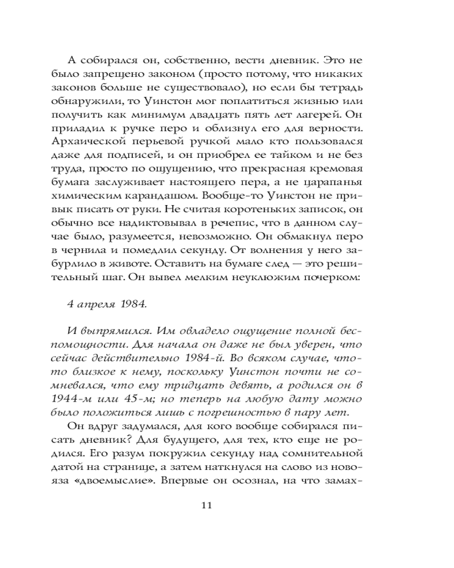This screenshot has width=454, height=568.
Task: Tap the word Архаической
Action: (100, 139)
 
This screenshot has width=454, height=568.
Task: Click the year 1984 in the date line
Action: (133, 304)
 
